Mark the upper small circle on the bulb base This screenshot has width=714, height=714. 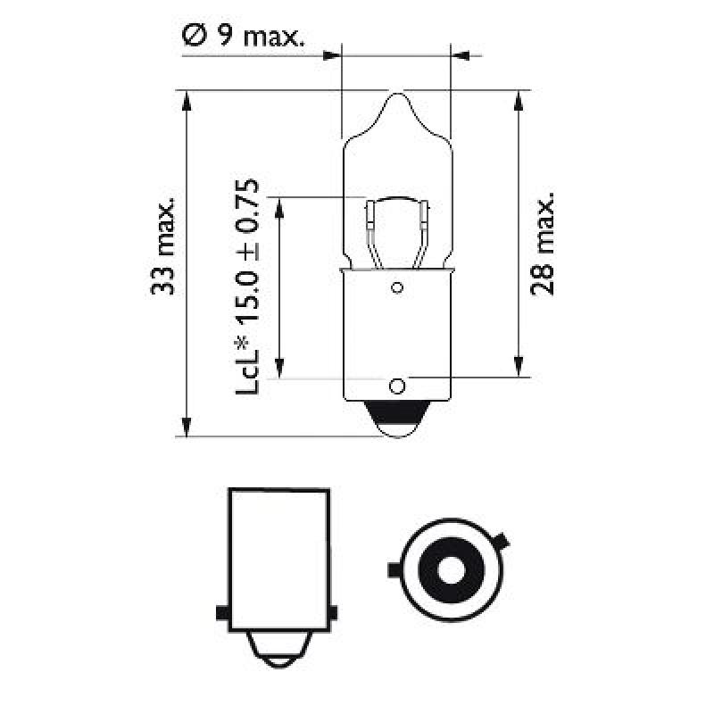pos(397,287)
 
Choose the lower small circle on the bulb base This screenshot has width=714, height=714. pos(397,386)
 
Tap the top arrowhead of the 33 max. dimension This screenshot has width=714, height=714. pos(187,100)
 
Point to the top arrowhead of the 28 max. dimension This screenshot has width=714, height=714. pos(518,100)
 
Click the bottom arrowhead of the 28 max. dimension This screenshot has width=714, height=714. pos(518,368)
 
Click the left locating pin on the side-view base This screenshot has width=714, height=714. pos(222,612)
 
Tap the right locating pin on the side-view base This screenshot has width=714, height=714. pos(333,612)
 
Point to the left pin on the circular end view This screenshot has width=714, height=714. pos(394,569)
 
